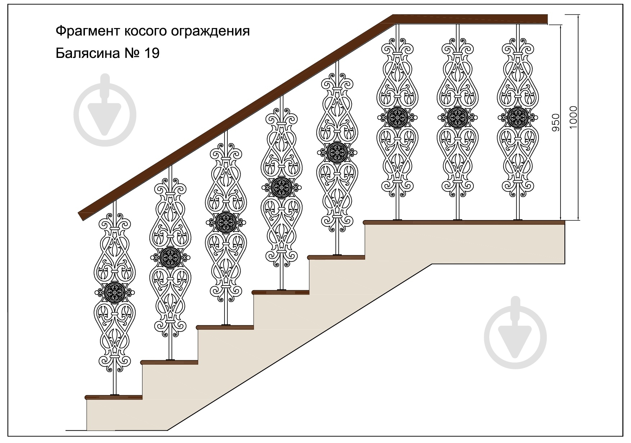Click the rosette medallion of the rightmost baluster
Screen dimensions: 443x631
(x=518, y=117)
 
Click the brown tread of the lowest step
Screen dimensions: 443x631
(x=114, y=397)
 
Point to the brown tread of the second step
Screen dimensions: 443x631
(x=169, y=362)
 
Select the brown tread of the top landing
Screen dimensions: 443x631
(x=464, y=222)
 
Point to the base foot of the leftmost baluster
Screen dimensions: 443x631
(x=114, y=394)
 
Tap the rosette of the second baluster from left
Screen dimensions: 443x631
(x=169, y=256)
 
